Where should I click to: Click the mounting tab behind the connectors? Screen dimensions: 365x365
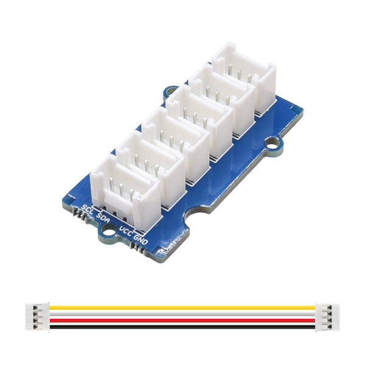coord(170,92)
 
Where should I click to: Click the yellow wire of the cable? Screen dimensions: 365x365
coord(182,307)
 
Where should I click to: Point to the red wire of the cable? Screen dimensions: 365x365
coord(182,319)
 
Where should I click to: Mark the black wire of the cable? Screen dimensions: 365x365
coord(182,324)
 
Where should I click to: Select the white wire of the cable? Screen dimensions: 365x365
coord(182,313)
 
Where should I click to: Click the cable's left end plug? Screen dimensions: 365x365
coord(37,316)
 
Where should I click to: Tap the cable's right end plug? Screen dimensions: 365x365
coord(327,316)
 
